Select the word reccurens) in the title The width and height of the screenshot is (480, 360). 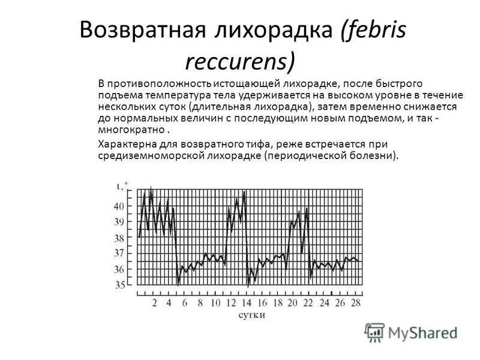click(x=239, y=61)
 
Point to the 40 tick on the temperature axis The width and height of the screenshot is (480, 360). click(x=119, y=206)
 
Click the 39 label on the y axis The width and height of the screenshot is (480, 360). click(x=119, y=221)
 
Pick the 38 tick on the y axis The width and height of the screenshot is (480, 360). click(x=119, y=238)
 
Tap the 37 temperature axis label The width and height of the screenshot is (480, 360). click(x=119, y=253)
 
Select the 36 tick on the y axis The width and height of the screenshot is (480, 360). click(x=119, y=269)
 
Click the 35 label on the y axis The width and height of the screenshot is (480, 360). click(x=119, y=285)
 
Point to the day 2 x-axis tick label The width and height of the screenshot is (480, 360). click(x=154, y=302)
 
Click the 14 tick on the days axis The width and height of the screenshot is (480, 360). click(x=247, y=302)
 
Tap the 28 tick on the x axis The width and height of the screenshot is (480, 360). click(x=355, y=302)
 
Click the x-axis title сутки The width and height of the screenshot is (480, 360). click(x=251, y=315)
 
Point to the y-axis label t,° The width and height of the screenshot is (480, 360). click(x=122, y=187)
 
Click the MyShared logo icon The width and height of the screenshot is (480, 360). click(x=374, y=332)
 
